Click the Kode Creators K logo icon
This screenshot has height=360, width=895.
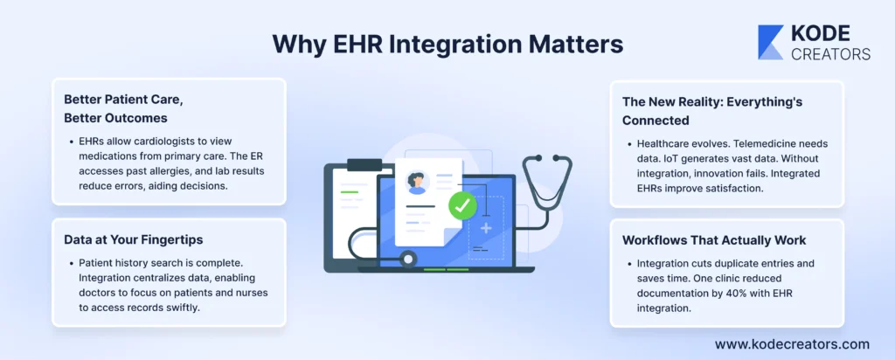point(770,42)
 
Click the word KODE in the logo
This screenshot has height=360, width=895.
point(820,35)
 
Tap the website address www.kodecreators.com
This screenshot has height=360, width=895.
point(792,344)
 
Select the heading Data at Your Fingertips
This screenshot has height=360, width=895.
point(134,239)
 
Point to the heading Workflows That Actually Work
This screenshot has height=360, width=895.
point(714,240)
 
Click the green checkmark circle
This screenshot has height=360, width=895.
point(462,206)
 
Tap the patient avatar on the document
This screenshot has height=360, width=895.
point(417,182)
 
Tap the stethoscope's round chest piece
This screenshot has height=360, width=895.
point(407,259)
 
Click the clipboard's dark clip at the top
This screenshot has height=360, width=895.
point(364,165)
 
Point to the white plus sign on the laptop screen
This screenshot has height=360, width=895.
point(486,228)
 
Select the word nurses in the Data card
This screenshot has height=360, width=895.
point(254,294)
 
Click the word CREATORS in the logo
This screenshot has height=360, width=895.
point(830,53)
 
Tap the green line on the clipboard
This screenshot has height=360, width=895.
point(349,192)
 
